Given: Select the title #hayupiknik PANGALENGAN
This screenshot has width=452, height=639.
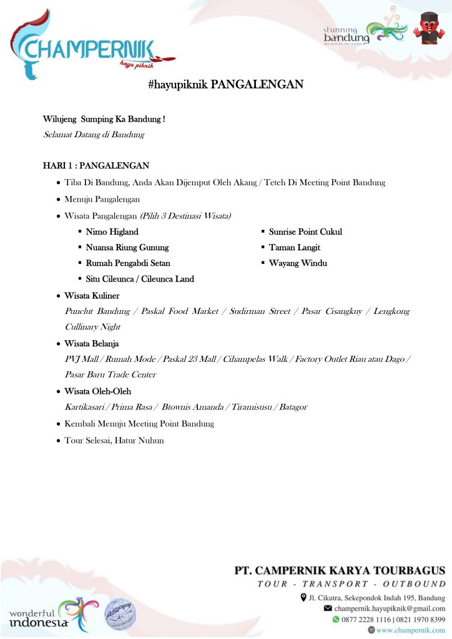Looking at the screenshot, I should click(x=225, y=84).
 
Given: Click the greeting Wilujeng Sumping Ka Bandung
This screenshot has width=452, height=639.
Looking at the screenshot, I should click(x=104, y=119).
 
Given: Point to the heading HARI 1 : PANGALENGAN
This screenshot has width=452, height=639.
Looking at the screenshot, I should click(x=96, y=166).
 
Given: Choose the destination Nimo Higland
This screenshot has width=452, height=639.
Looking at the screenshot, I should click(x=112, y=232).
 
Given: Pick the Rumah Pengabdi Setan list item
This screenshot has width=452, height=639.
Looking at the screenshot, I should click(x=128, y=263).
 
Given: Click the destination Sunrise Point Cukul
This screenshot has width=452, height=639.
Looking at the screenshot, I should click(x=305, y=232).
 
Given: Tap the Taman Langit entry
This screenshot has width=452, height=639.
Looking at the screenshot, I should click(x=294, y=248).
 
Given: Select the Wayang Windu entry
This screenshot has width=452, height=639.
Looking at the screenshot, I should click(x=298, y=263).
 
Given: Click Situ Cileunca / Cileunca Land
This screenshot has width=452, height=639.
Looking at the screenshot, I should click(x=140, y=279).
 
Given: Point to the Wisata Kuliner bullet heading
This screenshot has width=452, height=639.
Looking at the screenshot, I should click(x=92, y=296).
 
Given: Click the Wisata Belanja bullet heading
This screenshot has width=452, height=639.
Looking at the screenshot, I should click(x=91, y=344).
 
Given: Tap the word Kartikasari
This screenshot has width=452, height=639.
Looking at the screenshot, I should click(x=85, y=407).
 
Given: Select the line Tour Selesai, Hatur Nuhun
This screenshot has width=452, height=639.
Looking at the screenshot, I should click(x=114, y=440).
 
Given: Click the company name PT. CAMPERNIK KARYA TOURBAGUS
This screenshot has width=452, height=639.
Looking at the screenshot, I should click(x=340, y=570).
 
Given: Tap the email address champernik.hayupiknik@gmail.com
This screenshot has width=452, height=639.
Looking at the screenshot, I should click(x=390, y=608).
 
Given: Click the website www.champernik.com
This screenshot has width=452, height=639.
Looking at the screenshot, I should click(x=411, y=630).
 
